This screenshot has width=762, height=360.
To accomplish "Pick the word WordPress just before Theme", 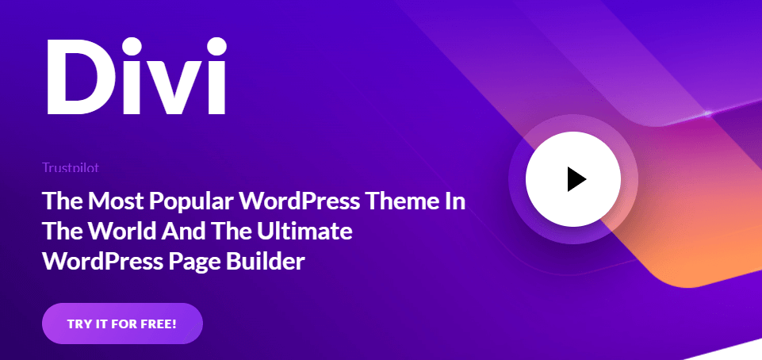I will tap(297, 201).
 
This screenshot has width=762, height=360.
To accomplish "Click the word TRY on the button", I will tap(78, 324).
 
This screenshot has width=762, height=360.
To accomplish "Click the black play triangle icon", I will tap(576, 180).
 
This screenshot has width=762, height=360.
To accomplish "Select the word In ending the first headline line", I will tap(456, 201).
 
